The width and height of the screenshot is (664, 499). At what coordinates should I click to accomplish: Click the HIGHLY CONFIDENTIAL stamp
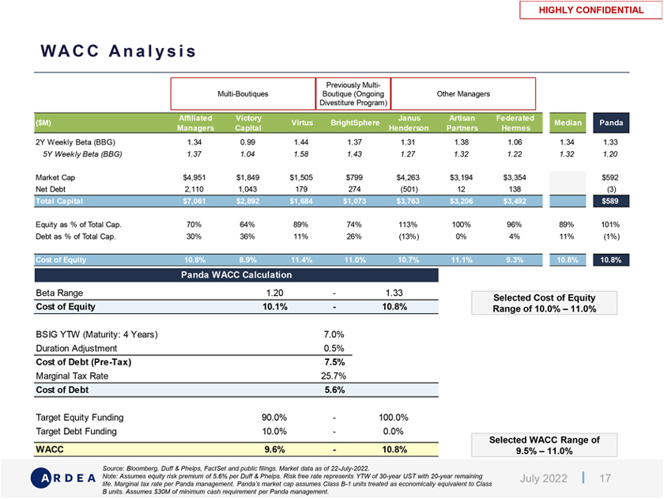coord(591,10)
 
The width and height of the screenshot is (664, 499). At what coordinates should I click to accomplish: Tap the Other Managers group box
coord(463,93)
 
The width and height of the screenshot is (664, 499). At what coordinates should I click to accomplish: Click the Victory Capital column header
coord(248,123)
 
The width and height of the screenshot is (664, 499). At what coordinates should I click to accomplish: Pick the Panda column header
coord(611,123)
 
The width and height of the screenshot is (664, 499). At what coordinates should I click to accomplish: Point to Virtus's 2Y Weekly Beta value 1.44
coord(298,142)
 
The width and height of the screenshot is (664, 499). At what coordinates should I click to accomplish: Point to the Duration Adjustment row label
coord(77,348)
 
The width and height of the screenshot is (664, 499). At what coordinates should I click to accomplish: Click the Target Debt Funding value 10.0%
coord(274,431)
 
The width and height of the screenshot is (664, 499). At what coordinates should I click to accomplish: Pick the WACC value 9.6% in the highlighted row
coord(274,449)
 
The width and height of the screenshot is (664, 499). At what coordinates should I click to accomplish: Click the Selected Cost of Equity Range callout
coord(545,303)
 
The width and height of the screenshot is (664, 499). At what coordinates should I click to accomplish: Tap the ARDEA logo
coord(64,478)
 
